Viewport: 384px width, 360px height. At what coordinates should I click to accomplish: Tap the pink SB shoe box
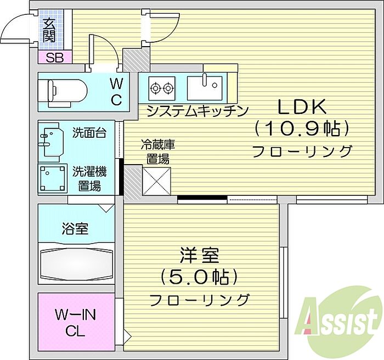click(x=55, y=58)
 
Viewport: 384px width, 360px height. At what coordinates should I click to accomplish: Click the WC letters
click(x=116, y=92)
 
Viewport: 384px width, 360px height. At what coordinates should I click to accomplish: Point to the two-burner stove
click(x=162, y=88)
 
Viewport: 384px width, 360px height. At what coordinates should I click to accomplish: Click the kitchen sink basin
click(x=205, y=88)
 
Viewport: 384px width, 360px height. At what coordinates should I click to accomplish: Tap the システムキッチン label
click(x=197, y=111)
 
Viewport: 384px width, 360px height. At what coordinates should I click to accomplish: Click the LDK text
click(x=302, y=107)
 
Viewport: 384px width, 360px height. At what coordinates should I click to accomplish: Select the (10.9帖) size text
click(x=302, y=128)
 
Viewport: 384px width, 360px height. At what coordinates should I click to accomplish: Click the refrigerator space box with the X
click(x=157, y=181)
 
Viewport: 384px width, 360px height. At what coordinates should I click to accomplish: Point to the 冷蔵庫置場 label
click(x=158, y=151)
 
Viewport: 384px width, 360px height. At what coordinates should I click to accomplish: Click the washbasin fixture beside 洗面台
click(x=52, y=142)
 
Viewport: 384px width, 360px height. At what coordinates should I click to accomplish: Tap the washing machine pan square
click(x=53, y=178)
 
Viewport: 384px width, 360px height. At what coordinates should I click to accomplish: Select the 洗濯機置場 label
click(x=89, y=179)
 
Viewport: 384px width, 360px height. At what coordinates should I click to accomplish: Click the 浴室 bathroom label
click(x=75, y=228)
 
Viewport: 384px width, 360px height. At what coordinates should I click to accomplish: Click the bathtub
click(x=76, y=263)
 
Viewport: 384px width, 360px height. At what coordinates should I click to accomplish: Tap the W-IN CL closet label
click(x=76, y=323)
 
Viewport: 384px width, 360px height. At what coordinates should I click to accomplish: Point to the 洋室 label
click(x=199, y=255)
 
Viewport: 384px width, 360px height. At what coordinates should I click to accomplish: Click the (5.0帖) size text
click(x=199, y=277)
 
